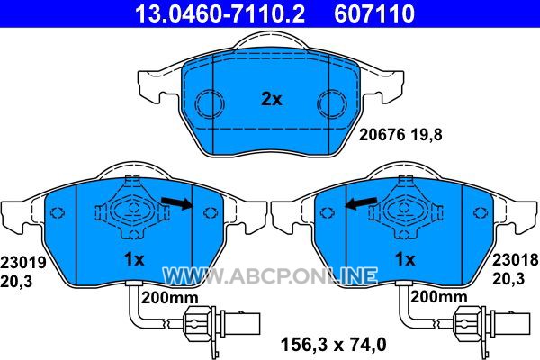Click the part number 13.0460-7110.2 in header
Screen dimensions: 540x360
pyautogui.click(x=220, y=13)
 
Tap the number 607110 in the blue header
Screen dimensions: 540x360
pyautogui.click(x=374, y=13)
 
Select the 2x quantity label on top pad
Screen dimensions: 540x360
pyautogui.click(x=272, y=100)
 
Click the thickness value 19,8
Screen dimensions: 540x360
pyautogui.click(x=426, y=135)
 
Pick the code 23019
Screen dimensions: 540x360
pyautogui.click(x=23, y=263)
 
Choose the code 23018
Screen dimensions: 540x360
pyautogui.click(x=515, y=259)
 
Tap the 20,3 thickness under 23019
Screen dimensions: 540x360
pyautogui.click(x=16, y=282)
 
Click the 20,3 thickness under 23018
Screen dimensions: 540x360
pyautogui.click(x=508, y=278)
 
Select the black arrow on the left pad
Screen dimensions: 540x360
pyautogui.click(x=177, y=202)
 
